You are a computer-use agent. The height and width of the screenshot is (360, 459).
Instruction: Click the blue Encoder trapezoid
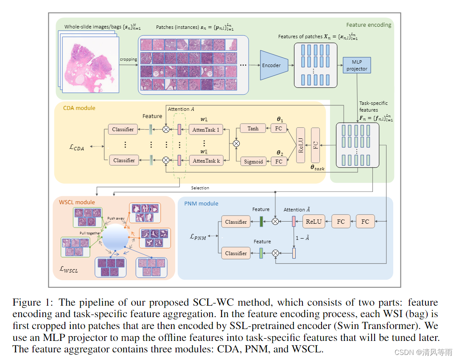(271, 65)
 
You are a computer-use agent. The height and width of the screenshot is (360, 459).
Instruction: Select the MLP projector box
(356, 65)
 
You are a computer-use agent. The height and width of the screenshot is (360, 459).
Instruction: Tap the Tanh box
(253, 129)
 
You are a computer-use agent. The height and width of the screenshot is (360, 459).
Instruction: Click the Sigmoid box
(253, 161)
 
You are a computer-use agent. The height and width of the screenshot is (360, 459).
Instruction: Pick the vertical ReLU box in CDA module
(301, 145)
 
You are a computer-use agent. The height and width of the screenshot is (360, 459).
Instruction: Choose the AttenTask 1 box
(206, 130)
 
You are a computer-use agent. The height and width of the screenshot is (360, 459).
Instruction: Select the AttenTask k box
(206, 161)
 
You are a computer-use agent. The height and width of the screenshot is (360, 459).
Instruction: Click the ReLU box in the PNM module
(313, 221)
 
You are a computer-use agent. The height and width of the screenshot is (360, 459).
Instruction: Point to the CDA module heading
(79, 108)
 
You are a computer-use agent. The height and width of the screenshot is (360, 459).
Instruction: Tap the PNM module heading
(201, 203)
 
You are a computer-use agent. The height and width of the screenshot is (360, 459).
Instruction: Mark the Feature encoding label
(368, 25)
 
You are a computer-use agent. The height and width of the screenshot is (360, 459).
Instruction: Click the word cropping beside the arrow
(128, 59)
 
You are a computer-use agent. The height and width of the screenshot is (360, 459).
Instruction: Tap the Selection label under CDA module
(200, 188)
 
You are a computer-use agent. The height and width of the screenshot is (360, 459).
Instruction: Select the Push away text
(116, 218)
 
